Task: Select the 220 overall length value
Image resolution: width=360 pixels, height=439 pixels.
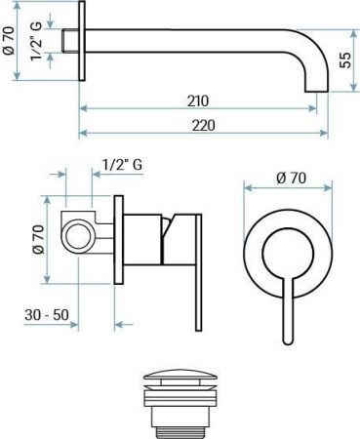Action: click(x=204, y=125)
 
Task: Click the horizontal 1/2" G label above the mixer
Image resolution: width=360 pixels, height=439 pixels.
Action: click(x=123, y=166)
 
